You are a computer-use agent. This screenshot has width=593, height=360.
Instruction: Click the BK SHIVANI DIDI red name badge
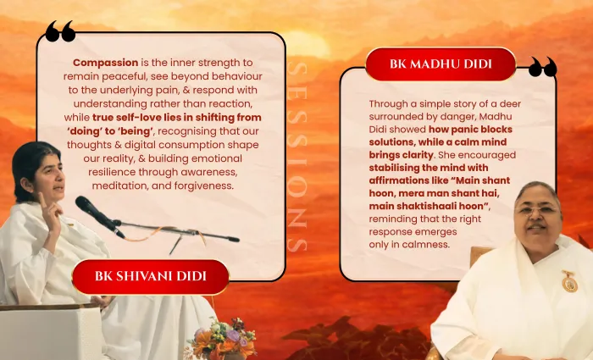pos(151,276)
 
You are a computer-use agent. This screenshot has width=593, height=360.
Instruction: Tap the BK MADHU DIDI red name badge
pos(441,64)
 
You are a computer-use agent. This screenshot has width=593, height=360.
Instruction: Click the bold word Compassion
pos(106,63)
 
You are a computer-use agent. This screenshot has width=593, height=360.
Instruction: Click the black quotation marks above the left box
pos(60,31)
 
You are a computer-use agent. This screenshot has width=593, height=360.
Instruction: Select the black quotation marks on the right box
pos(543,67)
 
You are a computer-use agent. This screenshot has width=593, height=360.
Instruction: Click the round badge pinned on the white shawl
pos(569,283)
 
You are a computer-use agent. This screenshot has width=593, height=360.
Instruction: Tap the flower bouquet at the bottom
pos(222,339)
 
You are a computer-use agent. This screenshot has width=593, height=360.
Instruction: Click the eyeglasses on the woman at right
pos(537,210)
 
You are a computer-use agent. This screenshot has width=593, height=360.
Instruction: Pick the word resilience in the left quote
pos(112,173)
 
